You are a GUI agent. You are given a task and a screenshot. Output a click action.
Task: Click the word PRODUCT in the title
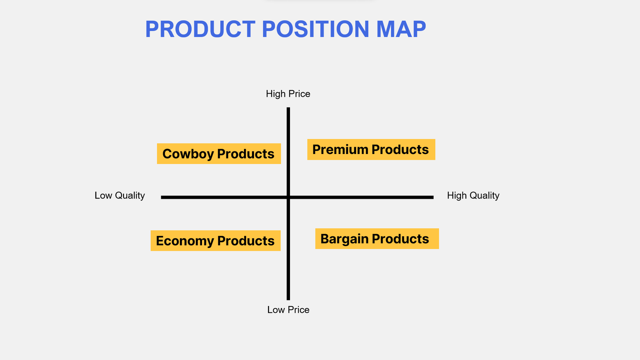click(x=200, y=29)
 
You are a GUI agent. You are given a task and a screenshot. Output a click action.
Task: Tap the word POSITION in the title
click(x=316, y=29)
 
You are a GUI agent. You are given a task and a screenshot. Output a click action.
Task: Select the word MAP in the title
click(x=401, y=29)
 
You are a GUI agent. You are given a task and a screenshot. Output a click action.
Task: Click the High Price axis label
click(x=288, y=94)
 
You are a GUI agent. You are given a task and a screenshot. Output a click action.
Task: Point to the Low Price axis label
click(x=288, y=310)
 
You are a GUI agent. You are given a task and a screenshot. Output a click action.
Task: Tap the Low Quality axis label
click(x=120, y=196)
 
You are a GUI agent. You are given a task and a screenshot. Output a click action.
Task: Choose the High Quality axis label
click(x=473, y=196)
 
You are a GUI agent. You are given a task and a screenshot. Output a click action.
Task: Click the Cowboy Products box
click(x=219, y=154)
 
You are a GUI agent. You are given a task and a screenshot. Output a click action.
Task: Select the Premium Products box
click(x=371, y=150)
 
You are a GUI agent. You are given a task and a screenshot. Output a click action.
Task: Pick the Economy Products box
click(x=216, y=240)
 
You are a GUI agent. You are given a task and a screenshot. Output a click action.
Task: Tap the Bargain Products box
click(x=377, y=238)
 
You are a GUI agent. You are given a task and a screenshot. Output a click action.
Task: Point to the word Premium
click(x=340, y=150)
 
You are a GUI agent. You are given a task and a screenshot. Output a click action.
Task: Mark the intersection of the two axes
click(x=288, y=197)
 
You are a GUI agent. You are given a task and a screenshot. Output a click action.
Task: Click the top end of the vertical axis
click(x=288, y=108)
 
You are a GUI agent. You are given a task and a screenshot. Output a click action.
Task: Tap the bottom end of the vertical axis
click(x=288, y=300)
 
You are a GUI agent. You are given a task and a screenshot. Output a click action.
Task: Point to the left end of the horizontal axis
click(x=162, y=197)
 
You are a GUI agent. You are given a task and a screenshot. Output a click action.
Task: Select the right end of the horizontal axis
click(x=433, y=197)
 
